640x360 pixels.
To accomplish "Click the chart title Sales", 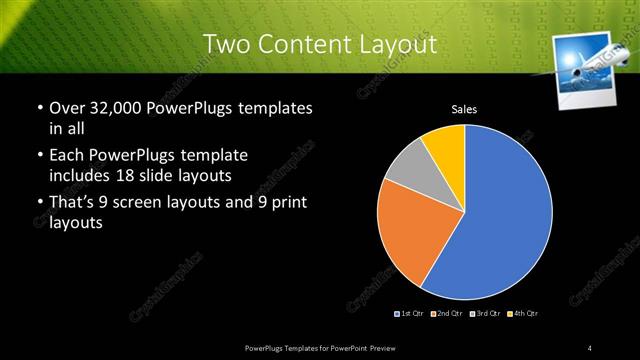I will coord(464,109).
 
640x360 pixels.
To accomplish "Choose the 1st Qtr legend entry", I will coord(410,314).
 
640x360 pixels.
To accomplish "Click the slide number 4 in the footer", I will coord(591,347).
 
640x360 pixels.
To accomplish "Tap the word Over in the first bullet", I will coord(68,107).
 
